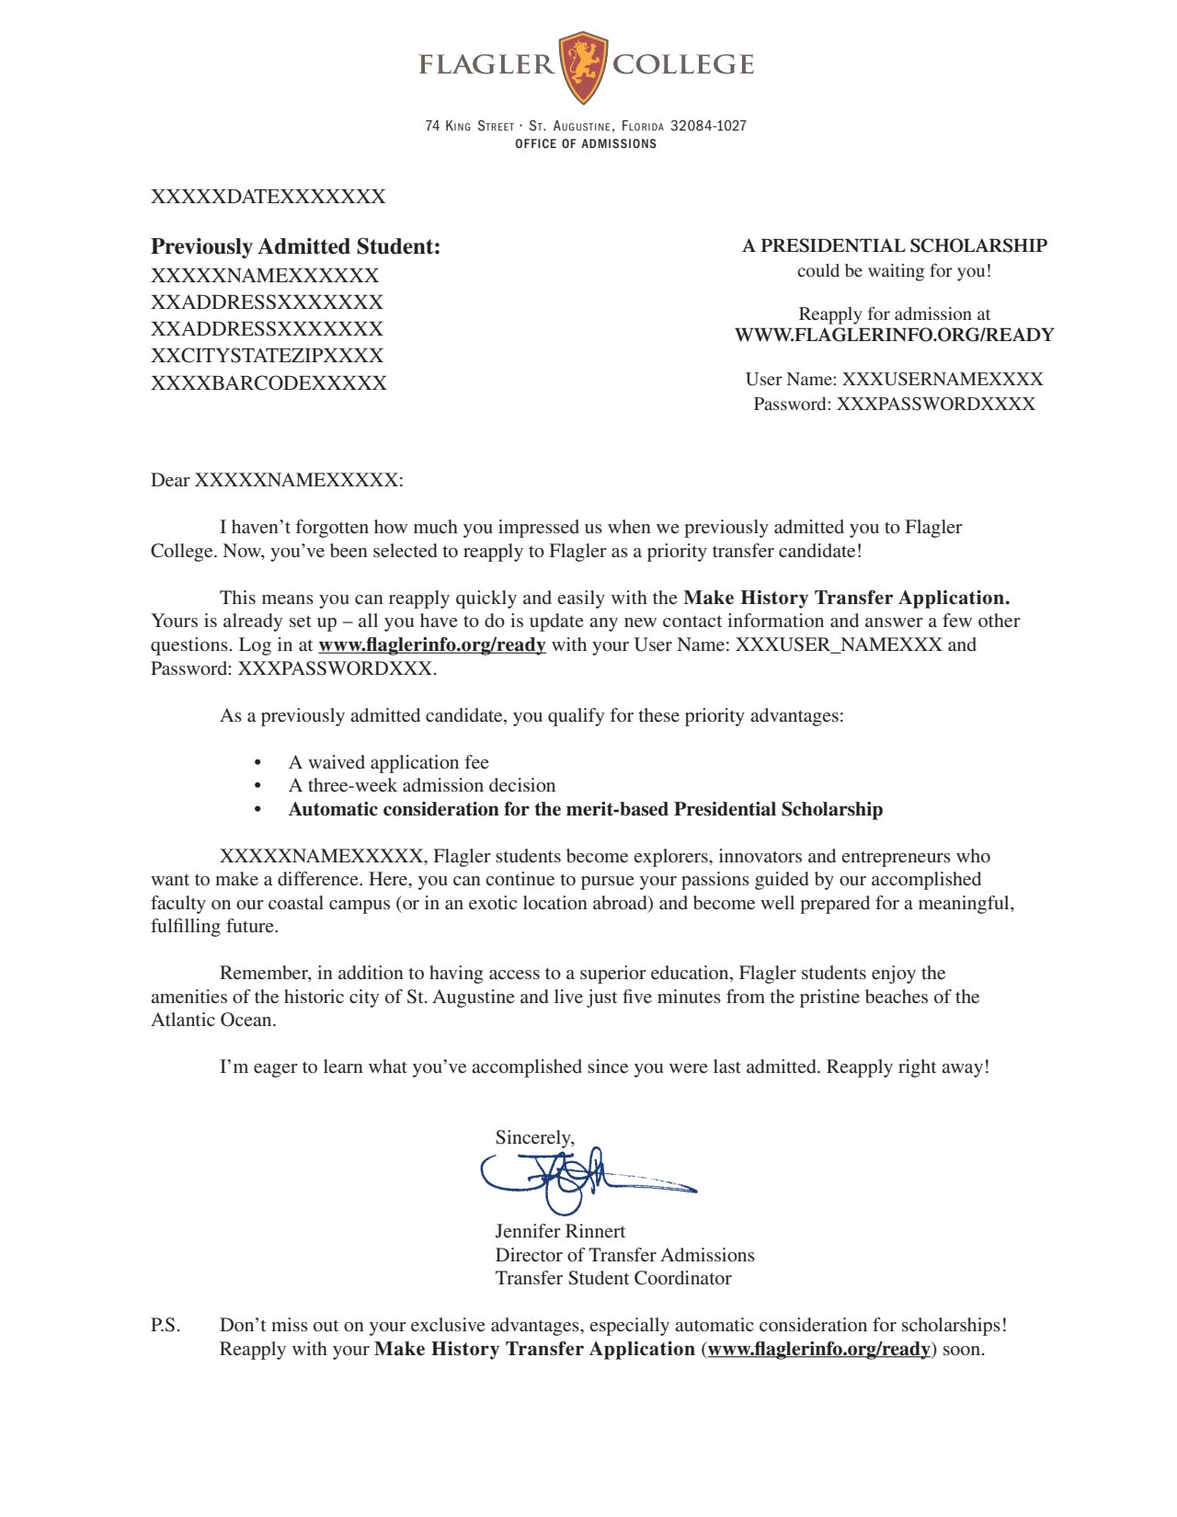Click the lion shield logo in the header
(x=583, y=67)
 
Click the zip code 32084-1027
(x=708, y=126)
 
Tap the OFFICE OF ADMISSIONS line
(x=586, y=144)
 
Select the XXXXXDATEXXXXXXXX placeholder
(x=268, y=197)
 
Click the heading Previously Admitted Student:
(x=295, y=246)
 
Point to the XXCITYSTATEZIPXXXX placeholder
(x=267, y=356)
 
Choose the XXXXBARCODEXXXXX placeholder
(x=269, y=383)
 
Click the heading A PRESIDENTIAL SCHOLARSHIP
(x=894, y=245)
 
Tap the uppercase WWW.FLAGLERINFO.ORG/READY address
(x=894, y=335)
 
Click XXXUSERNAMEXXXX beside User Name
(x=943, y=379)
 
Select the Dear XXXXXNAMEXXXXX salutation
(x=277, y=480)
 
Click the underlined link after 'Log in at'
(x=431, y=644)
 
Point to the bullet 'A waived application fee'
(x=388, y=762)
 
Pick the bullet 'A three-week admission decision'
(x=421, y=785)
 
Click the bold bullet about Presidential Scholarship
(x=585, y=809)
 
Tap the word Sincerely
(x=534, y=1137)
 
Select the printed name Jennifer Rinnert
(x=560, y=1231)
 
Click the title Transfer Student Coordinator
(x=612, y=1278)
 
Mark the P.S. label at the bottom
(x=166, y=1325)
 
